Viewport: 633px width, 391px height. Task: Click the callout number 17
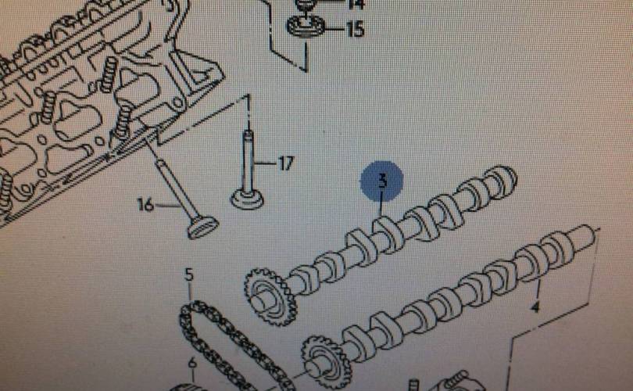point(286,163)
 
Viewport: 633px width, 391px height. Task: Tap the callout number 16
point(146,205)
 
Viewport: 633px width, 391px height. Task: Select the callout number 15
point(355,30)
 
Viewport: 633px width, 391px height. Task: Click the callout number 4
point(535,307)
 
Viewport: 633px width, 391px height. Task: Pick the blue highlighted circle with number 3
point(382,182)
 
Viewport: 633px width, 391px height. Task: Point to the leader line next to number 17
point(266,164)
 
